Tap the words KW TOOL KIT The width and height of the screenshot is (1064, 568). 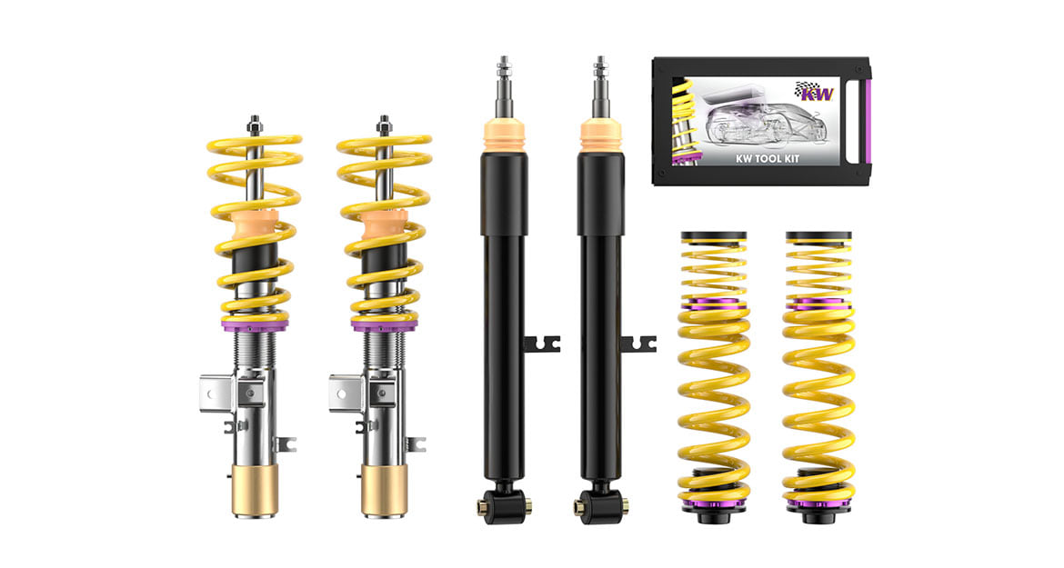coord(768,159)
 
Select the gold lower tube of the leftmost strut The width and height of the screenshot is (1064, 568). coord(254,490)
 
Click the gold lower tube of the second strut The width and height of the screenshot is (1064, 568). coord(384,490)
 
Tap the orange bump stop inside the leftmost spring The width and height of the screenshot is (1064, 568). coord(256,228)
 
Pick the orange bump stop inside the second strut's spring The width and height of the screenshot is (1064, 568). coord(385,228)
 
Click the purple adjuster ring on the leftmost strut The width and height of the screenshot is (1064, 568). coord(254,325)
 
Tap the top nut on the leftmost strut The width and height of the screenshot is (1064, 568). coord(255,125)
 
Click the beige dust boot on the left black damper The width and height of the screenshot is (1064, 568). coord(504,135)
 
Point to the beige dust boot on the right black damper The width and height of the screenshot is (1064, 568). coord(600,135)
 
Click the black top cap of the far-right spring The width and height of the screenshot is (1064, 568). coord(818,236)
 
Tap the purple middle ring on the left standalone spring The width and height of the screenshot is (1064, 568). coord(714,303)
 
